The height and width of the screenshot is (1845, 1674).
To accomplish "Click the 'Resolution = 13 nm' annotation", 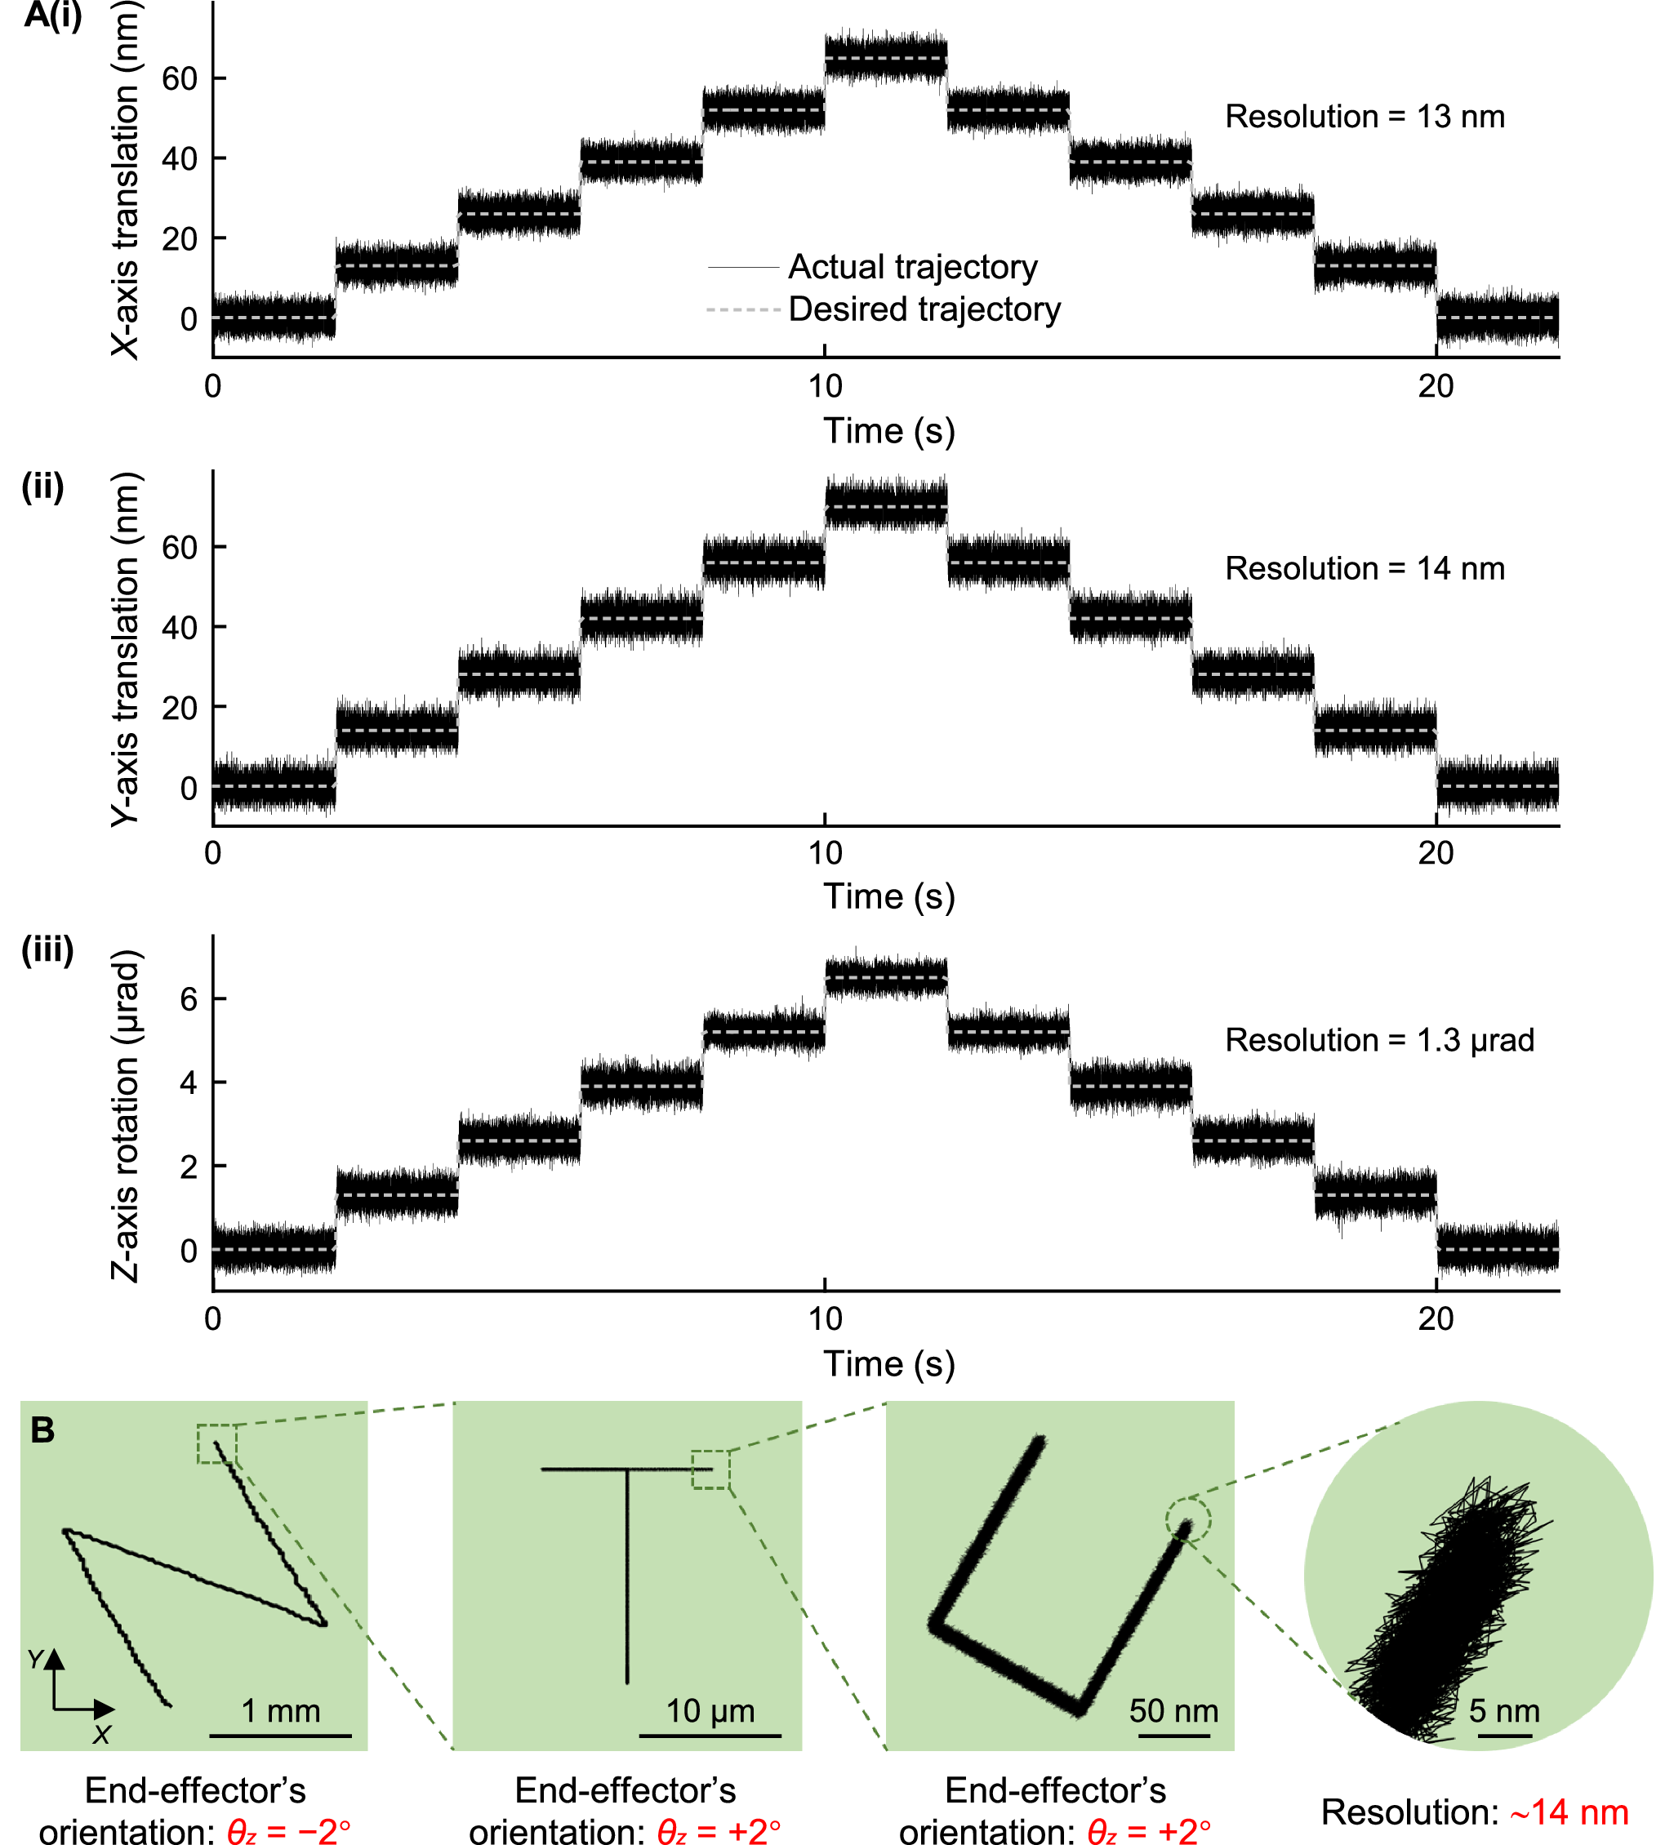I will click(1364, 117).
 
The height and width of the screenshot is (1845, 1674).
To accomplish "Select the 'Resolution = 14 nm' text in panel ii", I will click(1364, 569).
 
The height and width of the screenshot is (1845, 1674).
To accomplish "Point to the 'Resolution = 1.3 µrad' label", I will click(1378, 1041).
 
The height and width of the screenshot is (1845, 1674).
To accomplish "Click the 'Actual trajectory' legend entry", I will click(911, 267).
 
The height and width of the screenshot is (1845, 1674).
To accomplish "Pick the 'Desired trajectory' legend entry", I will click(924, 309).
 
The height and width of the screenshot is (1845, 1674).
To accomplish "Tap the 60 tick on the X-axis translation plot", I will click(180, 78).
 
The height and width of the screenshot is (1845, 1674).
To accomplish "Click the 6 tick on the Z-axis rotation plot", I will click(189, 998).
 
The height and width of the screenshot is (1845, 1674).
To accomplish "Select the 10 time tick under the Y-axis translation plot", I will click(824, 853).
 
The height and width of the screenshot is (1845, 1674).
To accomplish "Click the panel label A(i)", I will click(52, 16).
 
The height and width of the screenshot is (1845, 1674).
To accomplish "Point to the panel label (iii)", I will click(47, 950).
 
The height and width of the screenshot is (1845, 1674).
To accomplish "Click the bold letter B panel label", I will click(42, 1430).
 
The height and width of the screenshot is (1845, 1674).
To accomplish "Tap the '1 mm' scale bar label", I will click(280, 1710).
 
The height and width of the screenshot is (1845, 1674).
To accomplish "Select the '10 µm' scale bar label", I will click(710, 1710).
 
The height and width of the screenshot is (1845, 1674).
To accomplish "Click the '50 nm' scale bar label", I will click(1173, 1710).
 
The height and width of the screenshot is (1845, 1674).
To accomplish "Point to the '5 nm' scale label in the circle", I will click(1504, 1710).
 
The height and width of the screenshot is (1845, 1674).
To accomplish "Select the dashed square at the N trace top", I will click(217, 1444).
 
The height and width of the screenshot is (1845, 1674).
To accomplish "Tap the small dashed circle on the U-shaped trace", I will click(1187, 1521).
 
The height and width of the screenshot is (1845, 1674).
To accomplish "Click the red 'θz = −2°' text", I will click(288, 1830).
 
